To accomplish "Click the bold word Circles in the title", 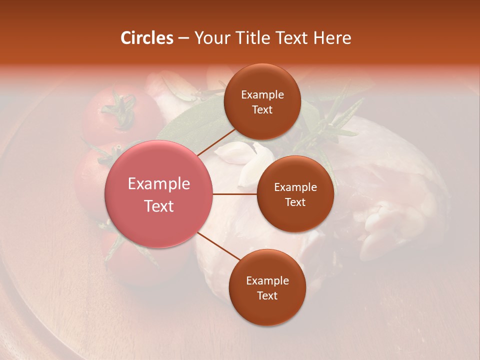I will (x=146, y=38).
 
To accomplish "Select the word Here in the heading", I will (x=332, y=38).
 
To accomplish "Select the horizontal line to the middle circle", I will (x=235, y=194).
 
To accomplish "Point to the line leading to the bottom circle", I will (x=218, y=246).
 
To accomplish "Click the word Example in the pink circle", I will (x=159, y=184).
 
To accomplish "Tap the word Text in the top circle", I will (x=262, y=109).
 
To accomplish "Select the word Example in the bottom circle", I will (x=267, y=280).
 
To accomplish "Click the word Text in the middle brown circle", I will (x=295, y=202).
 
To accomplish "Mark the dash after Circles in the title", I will (x=183, y=38).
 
